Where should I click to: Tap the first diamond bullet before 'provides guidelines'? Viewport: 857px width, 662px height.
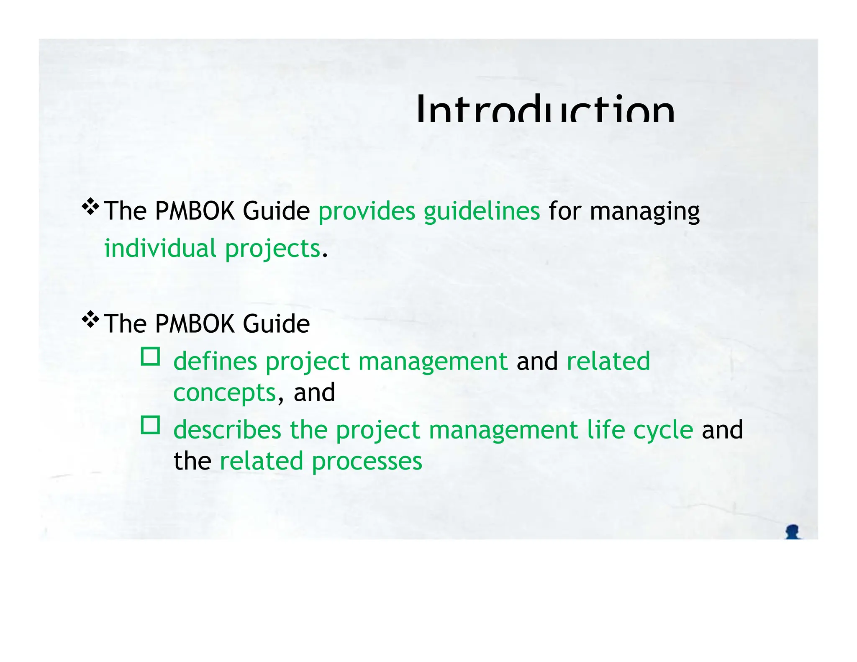[90, 207]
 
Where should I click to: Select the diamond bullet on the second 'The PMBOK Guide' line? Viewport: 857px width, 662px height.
[90, 320]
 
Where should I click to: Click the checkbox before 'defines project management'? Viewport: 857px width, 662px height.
[150, 357]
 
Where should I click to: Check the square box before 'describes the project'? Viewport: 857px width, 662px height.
[150, 425]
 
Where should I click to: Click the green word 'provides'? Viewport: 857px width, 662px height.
[367, 211]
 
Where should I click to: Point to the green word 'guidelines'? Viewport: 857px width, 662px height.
[482, 211]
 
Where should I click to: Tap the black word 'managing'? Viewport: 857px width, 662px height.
[644, 212]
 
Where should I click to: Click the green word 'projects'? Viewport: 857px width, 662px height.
[272, 249]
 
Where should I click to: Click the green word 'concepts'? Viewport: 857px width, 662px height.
[225, 393]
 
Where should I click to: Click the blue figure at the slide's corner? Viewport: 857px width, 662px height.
[792, 532]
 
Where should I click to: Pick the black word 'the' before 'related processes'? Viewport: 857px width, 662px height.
[192, 461]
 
